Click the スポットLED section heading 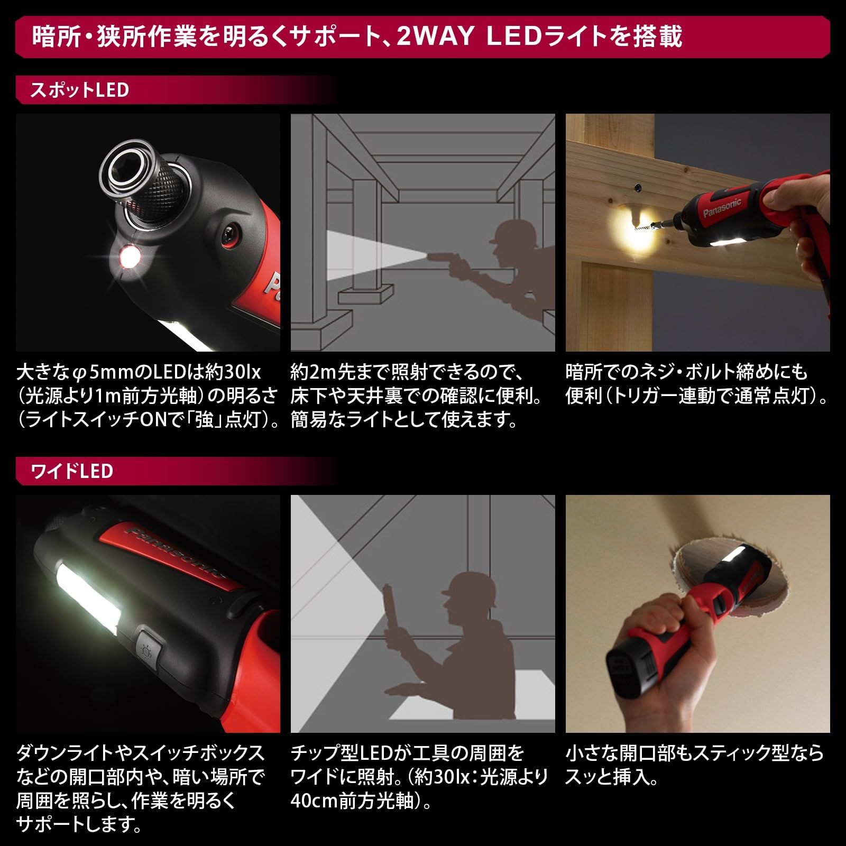79,90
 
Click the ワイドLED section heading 72,471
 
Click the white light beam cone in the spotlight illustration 370,256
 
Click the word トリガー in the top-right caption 647,397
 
